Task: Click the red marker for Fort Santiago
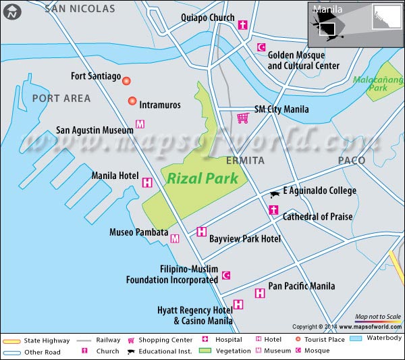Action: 126,80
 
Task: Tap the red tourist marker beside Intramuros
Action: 132,101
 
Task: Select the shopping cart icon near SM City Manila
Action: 242,118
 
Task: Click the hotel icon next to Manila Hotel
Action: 147,182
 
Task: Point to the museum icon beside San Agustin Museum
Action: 140,124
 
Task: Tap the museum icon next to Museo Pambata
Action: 175,238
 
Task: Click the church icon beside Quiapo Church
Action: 244,26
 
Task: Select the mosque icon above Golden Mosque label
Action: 261,47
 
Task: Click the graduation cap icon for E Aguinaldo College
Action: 275,194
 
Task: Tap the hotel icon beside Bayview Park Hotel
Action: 201,232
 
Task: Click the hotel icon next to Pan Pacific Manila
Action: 260,293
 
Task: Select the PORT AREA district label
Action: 61,99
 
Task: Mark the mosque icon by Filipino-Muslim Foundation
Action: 226,276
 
